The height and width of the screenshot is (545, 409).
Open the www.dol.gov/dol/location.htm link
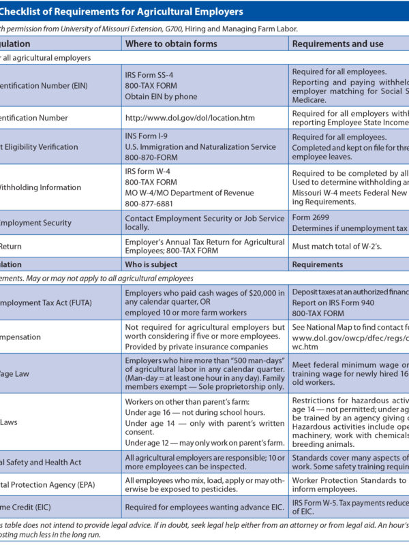pyautogui.click(x=190, y=118)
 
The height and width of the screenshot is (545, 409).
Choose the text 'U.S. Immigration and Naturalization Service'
pyautogui.click(x=200, y=146)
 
